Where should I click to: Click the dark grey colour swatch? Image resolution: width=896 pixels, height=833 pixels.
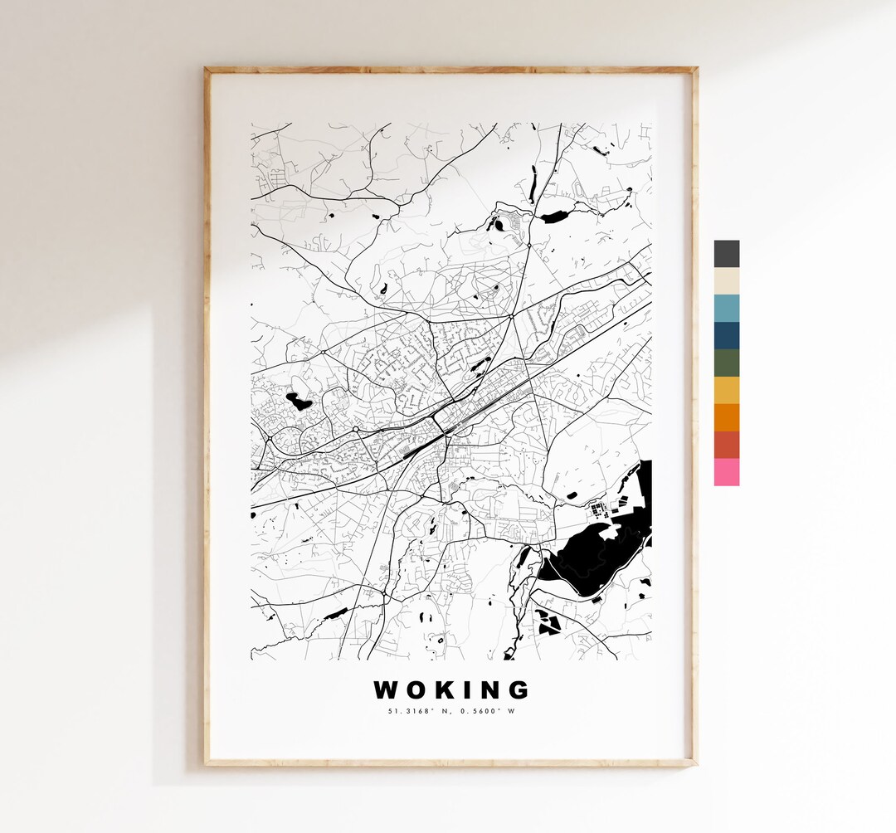tap(726, 254)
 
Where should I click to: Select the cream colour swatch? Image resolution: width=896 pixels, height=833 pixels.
tap(726, 281)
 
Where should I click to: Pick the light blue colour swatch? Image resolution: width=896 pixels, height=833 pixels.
tap(726, 309)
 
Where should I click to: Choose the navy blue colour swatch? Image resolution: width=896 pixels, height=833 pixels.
tap(726, 336)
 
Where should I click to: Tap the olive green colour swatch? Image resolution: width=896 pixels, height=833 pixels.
tap(726, 363)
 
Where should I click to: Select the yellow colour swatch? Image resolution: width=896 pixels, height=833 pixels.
tap(726, 391)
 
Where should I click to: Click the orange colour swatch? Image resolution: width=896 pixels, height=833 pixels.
tap(726, 417)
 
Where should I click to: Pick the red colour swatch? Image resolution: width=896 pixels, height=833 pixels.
tap(726, 445)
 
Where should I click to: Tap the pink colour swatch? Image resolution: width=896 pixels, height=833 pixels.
tap(726, 472)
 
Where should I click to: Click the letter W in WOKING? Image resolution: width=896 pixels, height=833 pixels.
tap(387, 690)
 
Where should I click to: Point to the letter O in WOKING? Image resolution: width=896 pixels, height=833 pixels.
tap(416, 690)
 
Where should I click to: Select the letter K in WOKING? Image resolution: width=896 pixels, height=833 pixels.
tap(445, 690)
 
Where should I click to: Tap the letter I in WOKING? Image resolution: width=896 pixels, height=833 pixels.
tap(466, 690)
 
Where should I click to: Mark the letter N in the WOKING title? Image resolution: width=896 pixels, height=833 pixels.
tap(488, 690)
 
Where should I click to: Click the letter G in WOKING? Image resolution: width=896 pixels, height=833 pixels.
tap(518, 690)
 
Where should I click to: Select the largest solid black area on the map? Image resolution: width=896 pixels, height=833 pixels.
tap(589, 556)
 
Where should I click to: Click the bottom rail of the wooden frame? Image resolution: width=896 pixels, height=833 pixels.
tap(451, 761)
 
